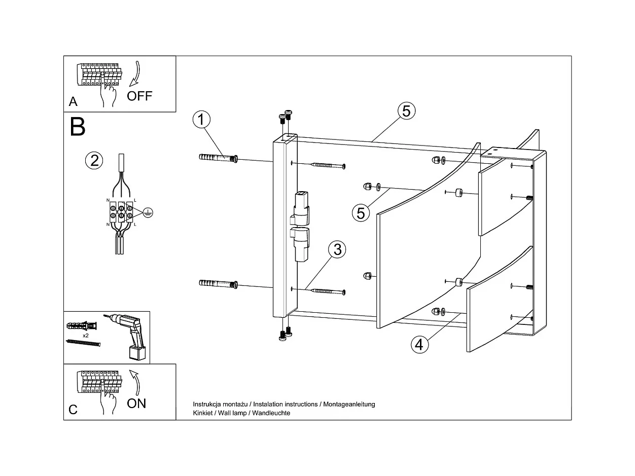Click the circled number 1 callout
201,120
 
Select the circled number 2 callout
94,161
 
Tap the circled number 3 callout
337,249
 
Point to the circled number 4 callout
419,345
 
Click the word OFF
139,96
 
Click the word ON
136,403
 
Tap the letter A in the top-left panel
74,102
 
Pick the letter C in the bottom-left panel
74,410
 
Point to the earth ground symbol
147,213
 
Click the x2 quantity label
86,336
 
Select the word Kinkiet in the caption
204,413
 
